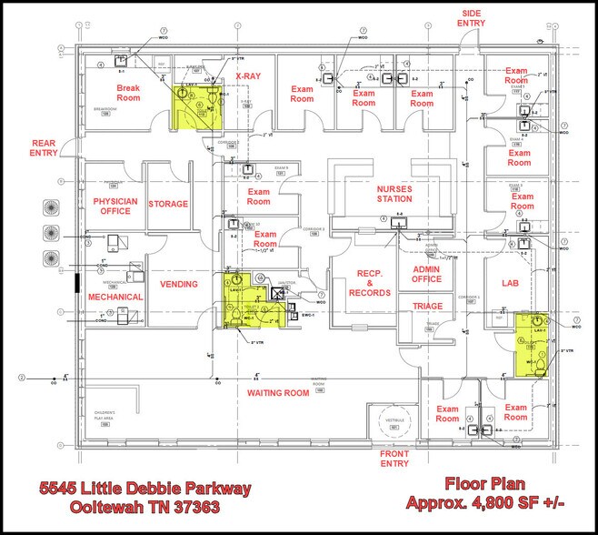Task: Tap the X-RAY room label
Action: tap(249, 76)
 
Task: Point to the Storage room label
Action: tap(168, 205)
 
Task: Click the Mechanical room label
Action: tap(115, 298)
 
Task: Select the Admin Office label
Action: tap(426, 276)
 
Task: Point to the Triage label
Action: tap(427, 307)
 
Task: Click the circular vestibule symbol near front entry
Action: tap(394, 424)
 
